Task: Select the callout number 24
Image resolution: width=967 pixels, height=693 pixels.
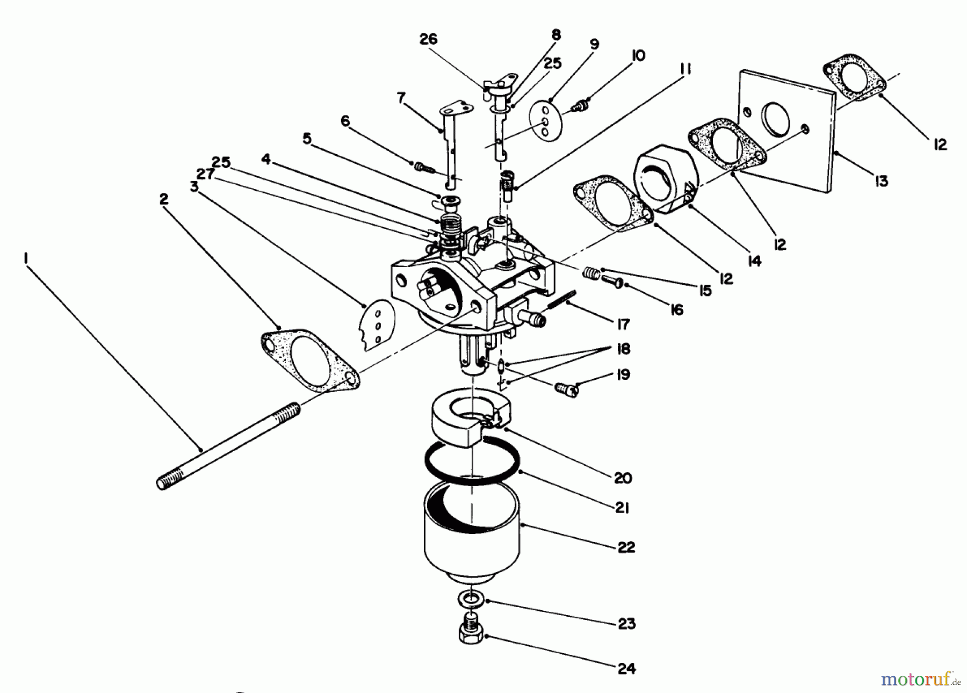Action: [626, 668]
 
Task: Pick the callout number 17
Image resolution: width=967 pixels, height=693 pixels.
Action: [623, 324]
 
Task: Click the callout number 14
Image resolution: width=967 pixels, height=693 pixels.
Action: [754, 261]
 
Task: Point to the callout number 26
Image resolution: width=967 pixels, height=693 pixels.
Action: [428, 39]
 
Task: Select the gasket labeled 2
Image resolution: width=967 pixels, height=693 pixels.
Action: [310, 359]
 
